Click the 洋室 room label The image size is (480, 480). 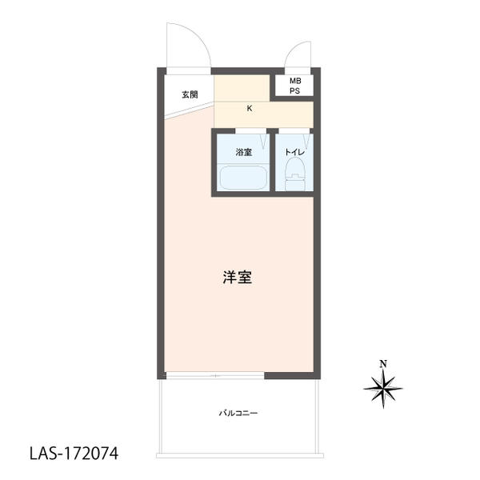(x=238, y=278)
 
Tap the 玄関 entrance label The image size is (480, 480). (x=190, y=94)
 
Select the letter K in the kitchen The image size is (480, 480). (x=250, y=108)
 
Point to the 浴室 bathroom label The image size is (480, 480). (x=244, y=152)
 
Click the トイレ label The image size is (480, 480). (x=294, y=152)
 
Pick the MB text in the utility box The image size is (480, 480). (x=295, y=81)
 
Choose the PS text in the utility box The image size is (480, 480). (x=295, y=91)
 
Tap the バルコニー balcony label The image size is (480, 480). (x=238, y=414)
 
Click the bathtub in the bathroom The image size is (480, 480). (x=244, y=178)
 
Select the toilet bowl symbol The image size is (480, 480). (x=295, y=168)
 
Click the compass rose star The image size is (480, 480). (x=383, y=389)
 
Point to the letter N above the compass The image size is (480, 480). (x=383, y=364)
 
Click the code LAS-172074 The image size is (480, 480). (x=74, y=454)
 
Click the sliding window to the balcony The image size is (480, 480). (x=215, y=376)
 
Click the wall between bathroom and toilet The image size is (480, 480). (x=273, y=162)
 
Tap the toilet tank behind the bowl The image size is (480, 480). (x=295, y=183)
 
